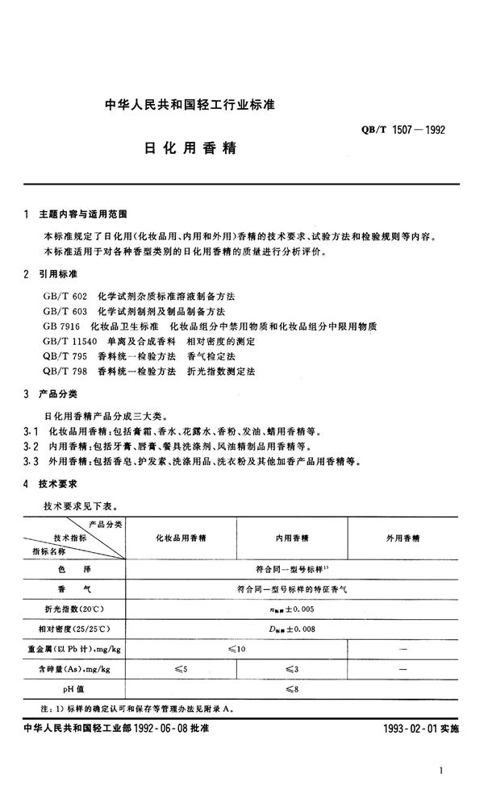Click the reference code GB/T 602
pos(65,296)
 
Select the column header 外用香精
pos(404,537)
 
